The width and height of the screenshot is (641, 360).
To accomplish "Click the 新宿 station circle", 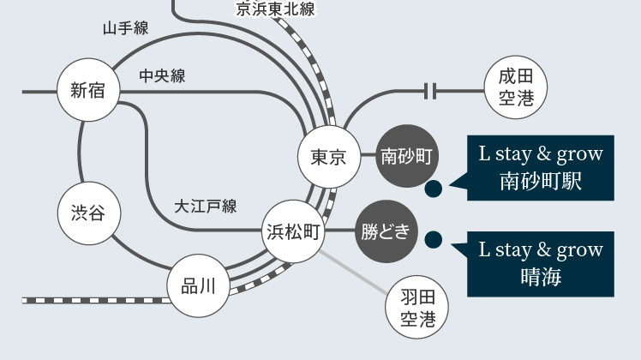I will tap(88, 90).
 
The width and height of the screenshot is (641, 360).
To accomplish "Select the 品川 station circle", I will tap(198, 286).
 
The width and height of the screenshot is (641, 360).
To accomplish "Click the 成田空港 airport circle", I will tap(516, 89).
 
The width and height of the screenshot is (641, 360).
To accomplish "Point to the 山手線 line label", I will tap(125, 28).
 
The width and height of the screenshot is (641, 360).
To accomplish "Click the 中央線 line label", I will tap(162, 76).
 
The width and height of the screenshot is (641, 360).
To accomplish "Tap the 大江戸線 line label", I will tap(206, 206).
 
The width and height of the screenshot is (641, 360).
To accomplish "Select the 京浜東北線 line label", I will tap(275, 9).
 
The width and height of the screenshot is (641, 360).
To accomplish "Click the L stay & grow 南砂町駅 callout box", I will tap(541, 168).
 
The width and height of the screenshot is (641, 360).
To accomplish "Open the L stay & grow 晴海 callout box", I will tap(541, 263).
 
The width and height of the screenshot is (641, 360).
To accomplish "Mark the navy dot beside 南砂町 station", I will tap(434, 188).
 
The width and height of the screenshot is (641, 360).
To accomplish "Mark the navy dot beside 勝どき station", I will tap(434, 241).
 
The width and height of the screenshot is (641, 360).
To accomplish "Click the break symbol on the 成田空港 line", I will tap(431, 89).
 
